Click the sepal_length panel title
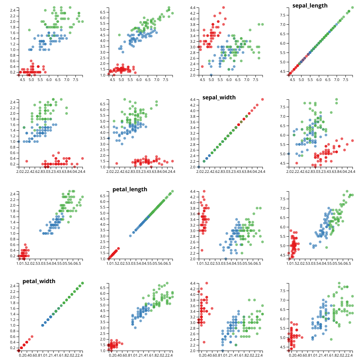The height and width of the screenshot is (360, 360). point(310,6)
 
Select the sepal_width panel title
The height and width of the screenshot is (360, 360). point(219,97)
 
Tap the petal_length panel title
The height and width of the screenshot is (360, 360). point(130,189)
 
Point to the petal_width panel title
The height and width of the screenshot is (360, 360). point(39,281)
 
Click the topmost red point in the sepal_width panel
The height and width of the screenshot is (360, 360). point(262,99)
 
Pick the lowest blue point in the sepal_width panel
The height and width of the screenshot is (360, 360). point(199,167)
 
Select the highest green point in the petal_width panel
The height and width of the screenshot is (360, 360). point(82,283)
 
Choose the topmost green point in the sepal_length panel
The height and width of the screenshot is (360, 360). point(352,7)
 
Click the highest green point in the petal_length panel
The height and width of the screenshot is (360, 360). point(172,191)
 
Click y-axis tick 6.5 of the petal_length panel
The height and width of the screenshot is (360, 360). point(102,196)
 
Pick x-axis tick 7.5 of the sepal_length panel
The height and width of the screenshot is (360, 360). point(345,80)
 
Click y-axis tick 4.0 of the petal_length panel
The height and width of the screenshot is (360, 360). point(102,224)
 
